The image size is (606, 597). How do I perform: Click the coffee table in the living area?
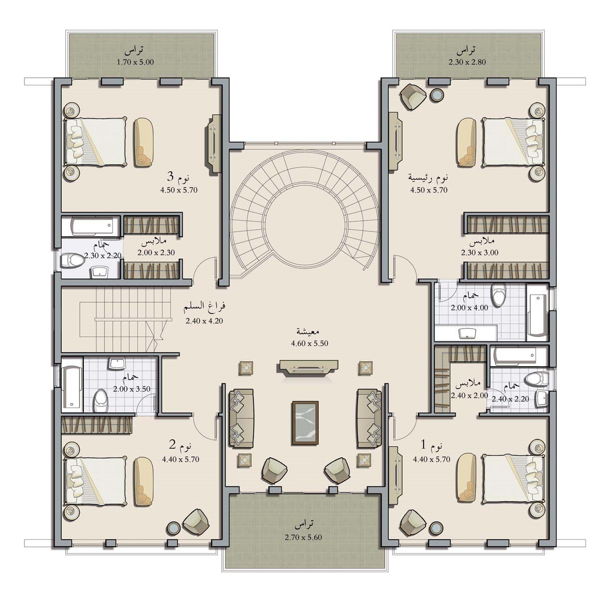click(x=305, y=423)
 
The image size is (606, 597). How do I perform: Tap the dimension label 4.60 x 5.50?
click(x=309, y=343)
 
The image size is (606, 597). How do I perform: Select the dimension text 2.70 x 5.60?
click(x=303, y=537)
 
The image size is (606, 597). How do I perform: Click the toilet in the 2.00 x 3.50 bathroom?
click(x=101, y=400)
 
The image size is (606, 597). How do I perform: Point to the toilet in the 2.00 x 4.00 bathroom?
click(x=499, y=295)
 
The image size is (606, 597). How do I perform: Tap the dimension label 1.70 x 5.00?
click(x=135, y=62)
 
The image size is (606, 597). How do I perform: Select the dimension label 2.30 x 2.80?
click(x=467, y=62)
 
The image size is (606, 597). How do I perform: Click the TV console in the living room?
click(x=308, y=367)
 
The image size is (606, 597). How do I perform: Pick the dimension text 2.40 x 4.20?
click(x=204, y=321)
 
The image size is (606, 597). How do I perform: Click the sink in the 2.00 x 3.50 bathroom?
click(x=117, y=363)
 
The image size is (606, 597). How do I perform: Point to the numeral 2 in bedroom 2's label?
click(x=172, y=445)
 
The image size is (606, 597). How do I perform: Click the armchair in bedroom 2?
click(x=196, y=522)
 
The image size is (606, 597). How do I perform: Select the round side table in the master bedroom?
click(x=436, y=95)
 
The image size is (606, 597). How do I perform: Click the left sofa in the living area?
click(x=241, y=418)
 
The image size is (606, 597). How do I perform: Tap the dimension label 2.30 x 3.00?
click(x=480, y=252)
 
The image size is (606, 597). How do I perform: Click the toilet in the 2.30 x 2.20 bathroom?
click(x=72, y=260)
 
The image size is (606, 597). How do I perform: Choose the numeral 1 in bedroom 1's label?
click(x=423, y=445)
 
